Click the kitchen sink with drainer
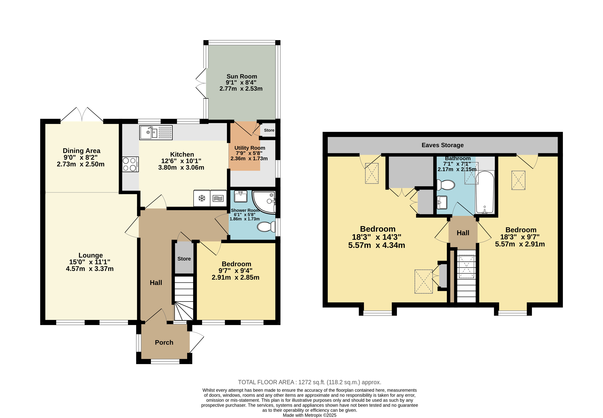tap(156, 132)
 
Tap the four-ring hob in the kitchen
tap(130, 164)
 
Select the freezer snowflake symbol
tap(202, 198)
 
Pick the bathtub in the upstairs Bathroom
tap(485, 192)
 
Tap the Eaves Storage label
tap(443, 145)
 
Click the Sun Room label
tap(242, 77)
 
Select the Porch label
tap(164, 343)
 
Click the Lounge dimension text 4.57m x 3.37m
tap(90, 269)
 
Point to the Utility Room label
tap(250, 148)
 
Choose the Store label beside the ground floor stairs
tap(184, 259)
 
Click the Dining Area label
tap(81, 151)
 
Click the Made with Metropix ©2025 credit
tap(309, 415)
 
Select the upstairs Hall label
tap(463, 233)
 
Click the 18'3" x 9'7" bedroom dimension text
tap(520, 237)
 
